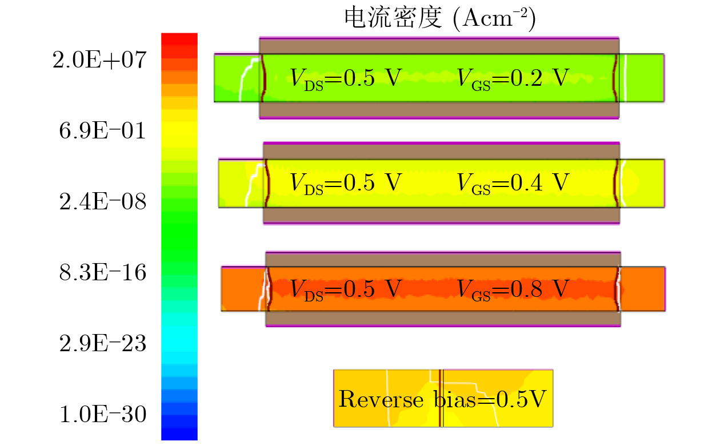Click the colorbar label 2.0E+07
tap(99, 60)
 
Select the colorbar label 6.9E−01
tap(102, 131)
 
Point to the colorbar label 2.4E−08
tap(102, 202)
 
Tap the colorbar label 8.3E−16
tap(102, 272)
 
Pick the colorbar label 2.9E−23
tap(102, 343)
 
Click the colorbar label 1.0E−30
tap(102, 414)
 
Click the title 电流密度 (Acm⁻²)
tap(440, 18)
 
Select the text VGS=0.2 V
tap(513, 79)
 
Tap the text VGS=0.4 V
tap(513, 184)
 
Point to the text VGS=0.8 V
tap(513, 289)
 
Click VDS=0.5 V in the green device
tap(346, 79)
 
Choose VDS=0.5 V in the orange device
tap(346, 289)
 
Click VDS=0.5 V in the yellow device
tap(346, 184)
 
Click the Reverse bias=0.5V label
tap(443, 399)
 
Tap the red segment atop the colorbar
tap(179, 39)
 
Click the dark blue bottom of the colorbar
tap(179, 434)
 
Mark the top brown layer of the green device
tap(439, 46)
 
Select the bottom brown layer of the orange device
tap(443, 318)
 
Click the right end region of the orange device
tap(643, 289)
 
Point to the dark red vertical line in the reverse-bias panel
tap(440, 398)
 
